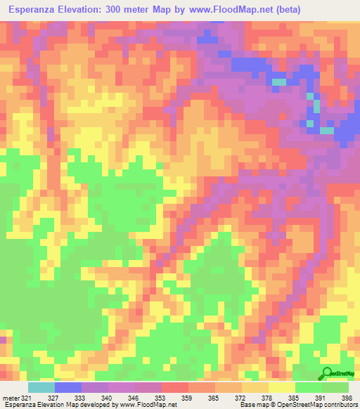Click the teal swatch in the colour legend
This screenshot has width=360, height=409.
coord(41,387)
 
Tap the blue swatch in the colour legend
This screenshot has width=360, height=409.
coord(68,387)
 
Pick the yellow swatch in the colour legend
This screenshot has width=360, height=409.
coord(281,387)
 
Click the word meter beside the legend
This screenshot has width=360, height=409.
coord(10,397)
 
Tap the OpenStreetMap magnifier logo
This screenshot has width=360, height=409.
coord(327,372)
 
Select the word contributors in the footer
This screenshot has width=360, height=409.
coord(338,405)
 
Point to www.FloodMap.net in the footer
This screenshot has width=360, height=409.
coord(147,405)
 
